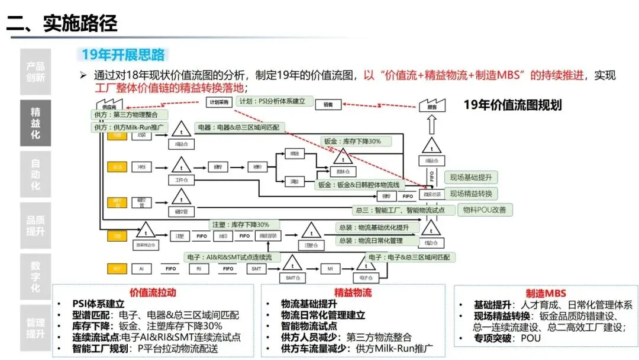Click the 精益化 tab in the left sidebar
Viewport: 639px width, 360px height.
pyautogui.click(x=35, y=124)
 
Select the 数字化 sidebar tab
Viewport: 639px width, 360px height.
pyautogui.click(x=35, y=277)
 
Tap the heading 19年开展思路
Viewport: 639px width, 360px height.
pyautogui.click(x=122, y=56)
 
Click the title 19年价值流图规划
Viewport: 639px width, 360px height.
pyautogui.click(x=512, y=105)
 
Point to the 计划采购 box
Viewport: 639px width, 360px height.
pyautogui.click(x=217, y=103)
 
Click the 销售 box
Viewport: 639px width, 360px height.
pyautogui.click(x=327, y=104)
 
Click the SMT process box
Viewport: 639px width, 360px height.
pyautogui.click(x=257, y=269)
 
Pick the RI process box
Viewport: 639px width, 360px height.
pyautogui.click(x=199, y=269)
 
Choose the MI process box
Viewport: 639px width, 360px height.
pyautogui.click(x=330, y=269)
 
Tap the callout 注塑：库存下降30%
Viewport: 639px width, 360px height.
pyautogui.click(x=240, y=224)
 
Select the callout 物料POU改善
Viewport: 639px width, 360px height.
pyautogui.click(x=488, y=209)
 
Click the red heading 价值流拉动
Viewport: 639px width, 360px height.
pyautogui.click(x=153, y=292)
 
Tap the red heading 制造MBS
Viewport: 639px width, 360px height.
pyautogui.click(x=546, y=293)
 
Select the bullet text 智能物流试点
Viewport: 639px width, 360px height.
pyautogui.click(x=309, y=326)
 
